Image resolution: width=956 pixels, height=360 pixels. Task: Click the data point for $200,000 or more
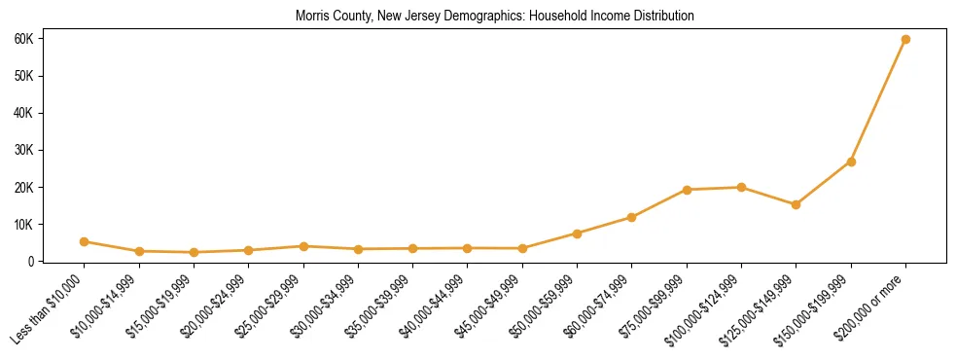click(905, 39)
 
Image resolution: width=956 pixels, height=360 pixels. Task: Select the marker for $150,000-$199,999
click(851, 162)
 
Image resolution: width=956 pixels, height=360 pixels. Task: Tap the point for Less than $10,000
click(85, 241)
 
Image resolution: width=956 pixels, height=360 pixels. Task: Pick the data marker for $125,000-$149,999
click(796, 204)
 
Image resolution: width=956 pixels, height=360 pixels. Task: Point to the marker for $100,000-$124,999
click(741, 187)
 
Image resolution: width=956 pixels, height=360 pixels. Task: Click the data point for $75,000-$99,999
click(687, 190)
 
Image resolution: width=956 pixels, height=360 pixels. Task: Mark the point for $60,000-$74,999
click(632, 217)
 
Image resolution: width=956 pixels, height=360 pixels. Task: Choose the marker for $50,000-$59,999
click(577, 234)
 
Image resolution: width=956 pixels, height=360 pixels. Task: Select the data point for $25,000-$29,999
click(303, 246)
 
